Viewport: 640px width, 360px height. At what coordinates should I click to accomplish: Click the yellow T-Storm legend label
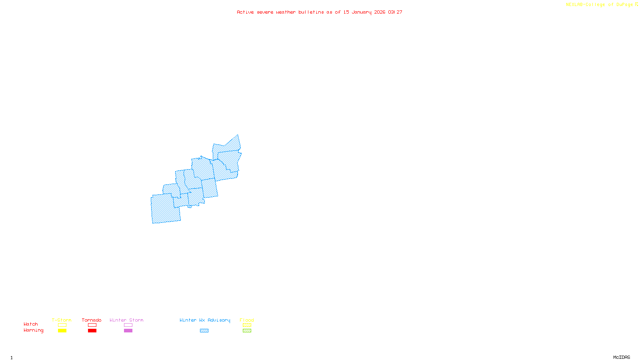62,320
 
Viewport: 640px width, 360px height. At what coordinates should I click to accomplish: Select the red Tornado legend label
92,320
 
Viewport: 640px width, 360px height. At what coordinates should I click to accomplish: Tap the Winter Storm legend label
126,320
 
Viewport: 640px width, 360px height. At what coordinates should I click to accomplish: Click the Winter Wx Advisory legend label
205,320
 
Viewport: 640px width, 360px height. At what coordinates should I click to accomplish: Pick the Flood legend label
247,320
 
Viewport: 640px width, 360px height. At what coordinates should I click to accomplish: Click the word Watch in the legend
31,324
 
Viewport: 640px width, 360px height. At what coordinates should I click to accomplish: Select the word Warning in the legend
34,330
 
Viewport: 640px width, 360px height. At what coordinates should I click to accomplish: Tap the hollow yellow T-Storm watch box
62,325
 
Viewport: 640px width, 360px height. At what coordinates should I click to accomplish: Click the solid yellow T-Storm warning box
62,331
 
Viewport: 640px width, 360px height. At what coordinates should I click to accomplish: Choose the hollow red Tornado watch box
92,325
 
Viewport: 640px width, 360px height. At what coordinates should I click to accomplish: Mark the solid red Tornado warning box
92,331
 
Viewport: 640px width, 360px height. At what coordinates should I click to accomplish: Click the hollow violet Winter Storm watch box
128,325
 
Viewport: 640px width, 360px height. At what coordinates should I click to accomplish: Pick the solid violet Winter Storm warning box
128,331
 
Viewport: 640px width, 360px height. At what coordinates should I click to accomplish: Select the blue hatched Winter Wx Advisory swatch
204,331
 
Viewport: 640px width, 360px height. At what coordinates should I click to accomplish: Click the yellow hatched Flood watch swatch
247,325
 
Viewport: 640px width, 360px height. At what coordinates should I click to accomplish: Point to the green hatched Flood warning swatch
247,331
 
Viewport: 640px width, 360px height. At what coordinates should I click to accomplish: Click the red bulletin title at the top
320,12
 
